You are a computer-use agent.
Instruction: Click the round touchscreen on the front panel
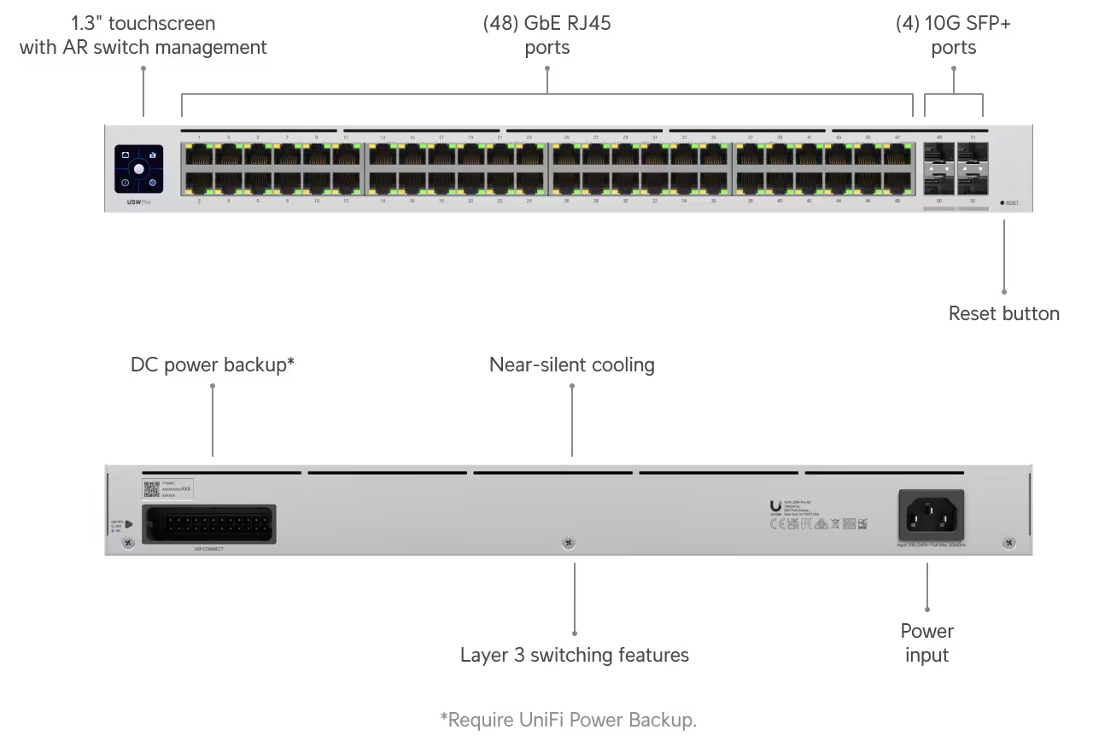point(138,169)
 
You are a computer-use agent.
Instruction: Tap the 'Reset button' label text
point(1003,313)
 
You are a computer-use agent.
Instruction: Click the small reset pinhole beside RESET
point(1002,203)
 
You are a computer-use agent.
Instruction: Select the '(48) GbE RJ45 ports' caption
point(546,35)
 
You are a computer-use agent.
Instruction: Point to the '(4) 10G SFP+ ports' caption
point(953,35)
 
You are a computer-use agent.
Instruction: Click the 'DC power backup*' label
point(213,365)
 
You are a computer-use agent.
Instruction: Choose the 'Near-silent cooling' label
point(571,365)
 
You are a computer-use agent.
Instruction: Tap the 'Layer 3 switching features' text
point(574,655)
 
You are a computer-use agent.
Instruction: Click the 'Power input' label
point(926,643)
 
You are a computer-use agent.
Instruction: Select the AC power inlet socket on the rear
point(931,512)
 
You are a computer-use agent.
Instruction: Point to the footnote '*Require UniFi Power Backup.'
point(568,720)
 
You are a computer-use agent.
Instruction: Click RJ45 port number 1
point(199,154)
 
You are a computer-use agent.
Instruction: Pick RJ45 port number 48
point(897,183)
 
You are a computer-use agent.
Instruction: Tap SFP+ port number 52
point(973,183)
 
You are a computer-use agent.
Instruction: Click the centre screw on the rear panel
point(569,543)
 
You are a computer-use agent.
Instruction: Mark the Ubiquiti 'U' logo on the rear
point(775,505)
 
